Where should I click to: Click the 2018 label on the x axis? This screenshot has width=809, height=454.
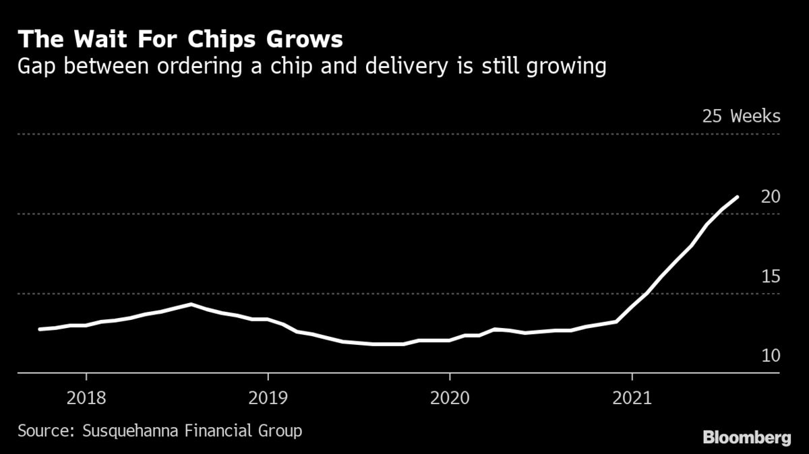(x=86, y=398)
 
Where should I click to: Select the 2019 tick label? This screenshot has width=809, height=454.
(x=268, y=398)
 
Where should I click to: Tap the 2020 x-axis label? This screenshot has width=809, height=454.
(x=450, y=398)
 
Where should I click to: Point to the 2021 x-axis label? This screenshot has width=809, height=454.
(x=632, y=398)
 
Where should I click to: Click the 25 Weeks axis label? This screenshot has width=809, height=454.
(x=741, y=116)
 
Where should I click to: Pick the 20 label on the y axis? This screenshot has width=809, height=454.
(x=771, y=196)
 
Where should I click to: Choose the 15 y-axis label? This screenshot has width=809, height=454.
(x=771, y=276)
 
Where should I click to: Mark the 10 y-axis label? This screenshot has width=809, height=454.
(x=771, y=355)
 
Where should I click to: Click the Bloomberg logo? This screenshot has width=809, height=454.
(x=747, y=438)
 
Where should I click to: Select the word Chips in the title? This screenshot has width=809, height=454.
(x=228, y=40)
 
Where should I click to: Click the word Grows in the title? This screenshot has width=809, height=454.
(x=308, y=40)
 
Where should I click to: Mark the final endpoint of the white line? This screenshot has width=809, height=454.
(x=738, y=197)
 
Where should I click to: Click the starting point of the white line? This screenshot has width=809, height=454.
(x=40, y=329)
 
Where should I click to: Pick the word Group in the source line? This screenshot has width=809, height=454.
(x=278, y=430)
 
